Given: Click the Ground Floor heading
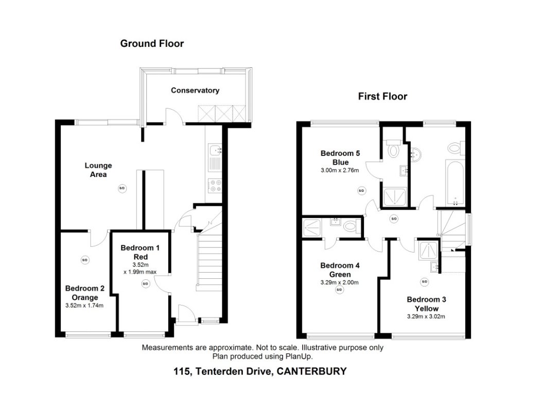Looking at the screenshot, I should (152, 44).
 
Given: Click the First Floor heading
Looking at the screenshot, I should (382, 96).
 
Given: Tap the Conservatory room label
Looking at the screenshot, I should (195, 91).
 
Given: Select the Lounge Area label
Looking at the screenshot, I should (98, 170).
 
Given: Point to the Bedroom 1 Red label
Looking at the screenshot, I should (140, 252).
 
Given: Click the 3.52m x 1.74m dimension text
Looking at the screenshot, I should (85, 306).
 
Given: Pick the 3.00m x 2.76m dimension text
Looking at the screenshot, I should (341, 170).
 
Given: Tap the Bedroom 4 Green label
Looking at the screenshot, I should (339, 270).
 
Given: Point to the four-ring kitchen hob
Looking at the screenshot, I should (214, 185).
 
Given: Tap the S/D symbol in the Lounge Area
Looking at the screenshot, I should (122, 188).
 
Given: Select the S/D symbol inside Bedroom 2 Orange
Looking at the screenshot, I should (84, 260).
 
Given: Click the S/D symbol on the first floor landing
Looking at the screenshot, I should (394, 219).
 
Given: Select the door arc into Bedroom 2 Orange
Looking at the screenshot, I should (98, 237).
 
